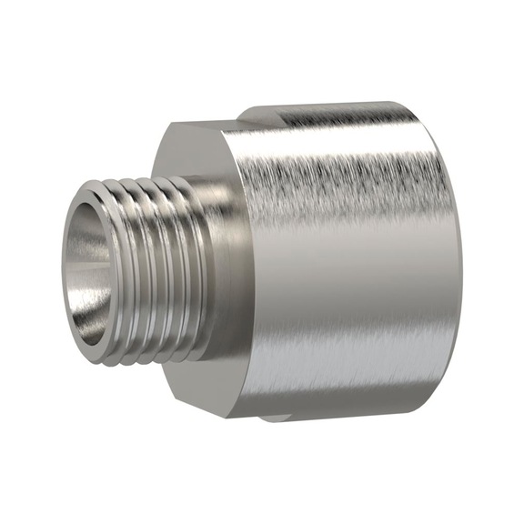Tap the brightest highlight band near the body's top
click(x=346, y=146)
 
